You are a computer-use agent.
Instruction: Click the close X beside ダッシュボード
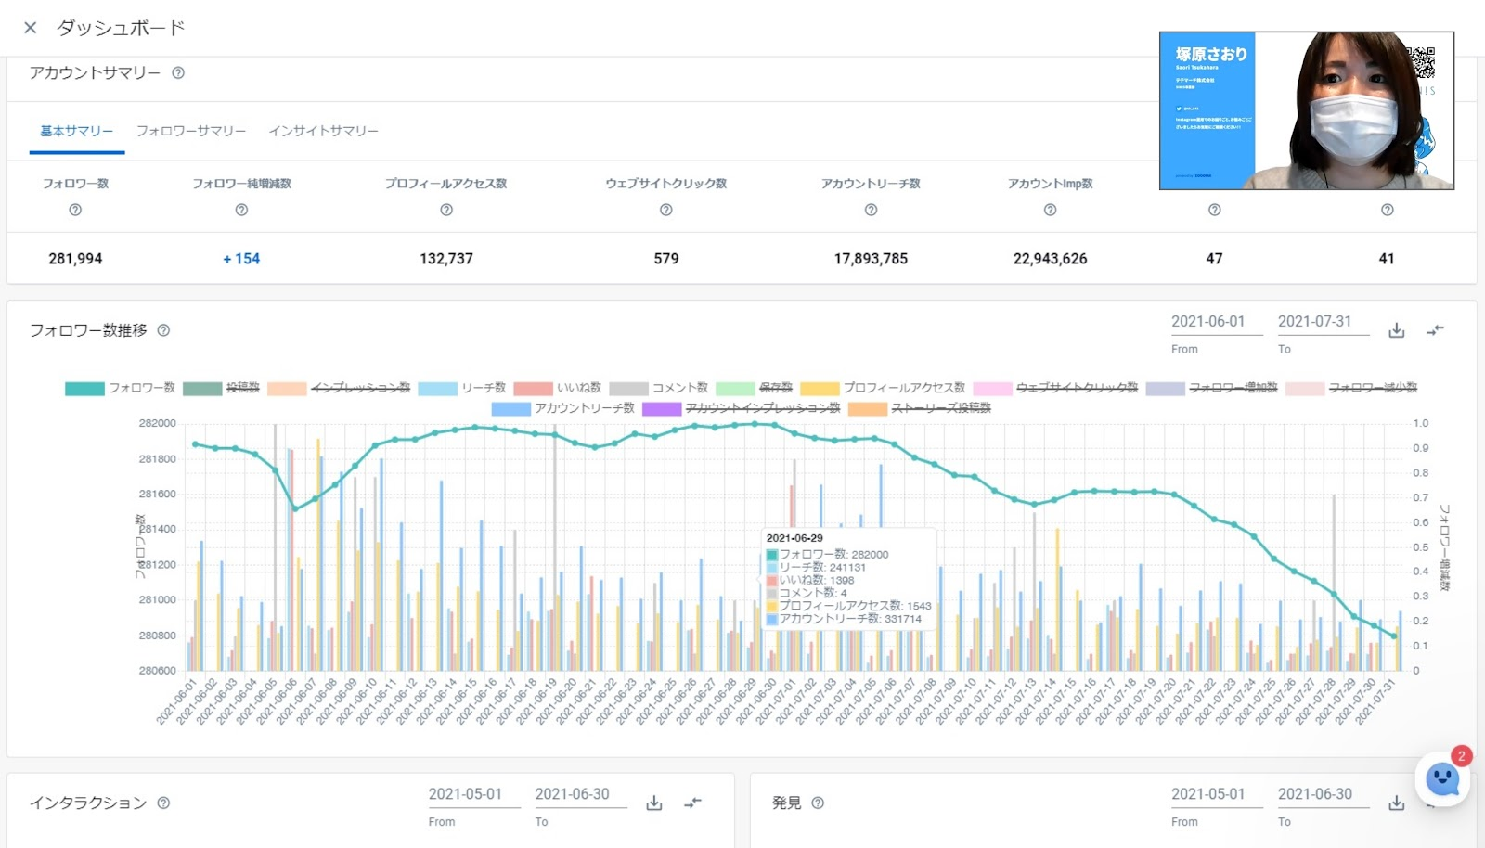point(31,28)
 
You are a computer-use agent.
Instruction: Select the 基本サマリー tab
point(76,131)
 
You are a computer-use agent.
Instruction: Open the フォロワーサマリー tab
point(191,131)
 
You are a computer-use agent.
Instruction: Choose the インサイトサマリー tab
point(323,131)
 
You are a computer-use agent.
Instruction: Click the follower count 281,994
point(75,259)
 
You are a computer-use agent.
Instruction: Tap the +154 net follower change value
point(241,259)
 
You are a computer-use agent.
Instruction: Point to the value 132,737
point(446,259)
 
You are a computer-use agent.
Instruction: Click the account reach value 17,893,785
point(871,259)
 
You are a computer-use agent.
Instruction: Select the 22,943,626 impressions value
point(1050,259)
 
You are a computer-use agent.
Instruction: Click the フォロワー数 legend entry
point(121,388)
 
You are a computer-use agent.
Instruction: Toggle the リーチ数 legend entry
point(463,388)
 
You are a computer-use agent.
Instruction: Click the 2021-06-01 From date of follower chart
point(1207,321)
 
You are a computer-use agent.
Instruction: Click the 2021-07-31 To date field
point(1314,321)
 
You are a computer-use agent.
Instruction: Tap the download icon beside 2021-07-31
point(1396,330)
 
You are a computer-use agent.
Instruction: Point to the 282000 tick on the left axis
point(157,423)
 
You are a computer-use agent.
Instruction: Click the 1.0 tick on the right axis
point(1421,423)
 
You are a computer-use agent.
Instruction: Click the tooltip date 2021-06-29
point(794,538)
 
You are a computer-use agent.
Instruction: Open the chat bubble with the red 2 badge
point(1442,778)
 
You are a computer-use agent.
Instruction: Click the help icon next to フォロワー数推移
point(163,330)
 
